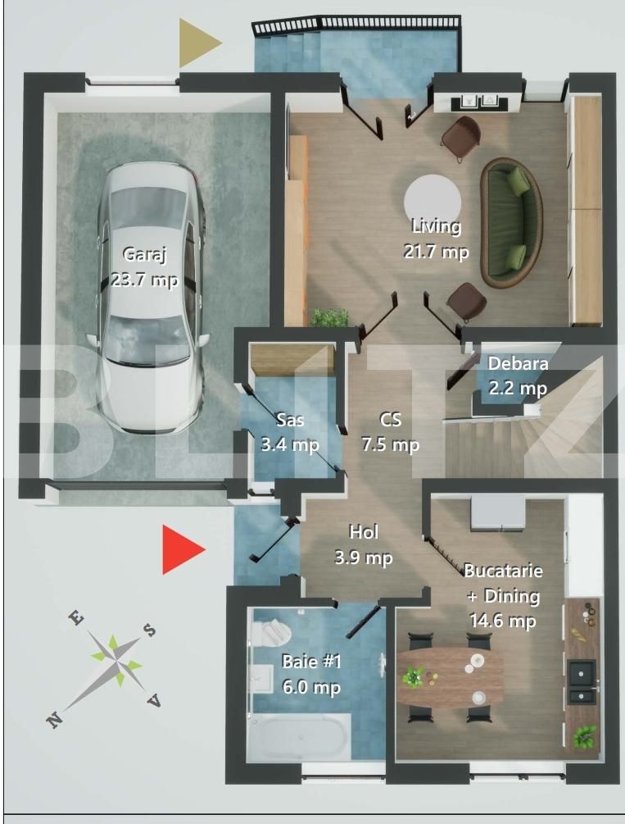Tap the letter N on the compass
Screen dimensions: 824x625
coord(54,720)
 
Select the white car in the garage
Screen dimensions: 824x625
coord(151,295)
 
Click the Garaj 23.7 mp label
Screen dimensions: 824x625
coord(144,267)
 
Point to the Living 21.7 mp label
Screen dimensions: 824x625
coord(436,239)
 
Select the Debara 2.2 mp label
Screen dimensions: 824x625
coord(518,375)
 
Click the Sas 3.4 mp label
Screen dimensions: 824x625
coord(290,432)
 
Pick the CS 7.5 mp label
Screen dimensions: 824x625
coord(391,432)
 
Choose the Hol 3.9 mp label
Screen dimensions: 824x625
coord(363,545)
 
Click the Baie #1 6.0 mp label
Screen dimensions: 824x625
coord(310,674)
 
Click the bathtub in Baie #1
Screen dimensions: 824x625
coord(299,735)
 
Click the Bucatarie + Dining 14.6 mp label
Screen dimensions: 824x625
coord(502,595)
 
